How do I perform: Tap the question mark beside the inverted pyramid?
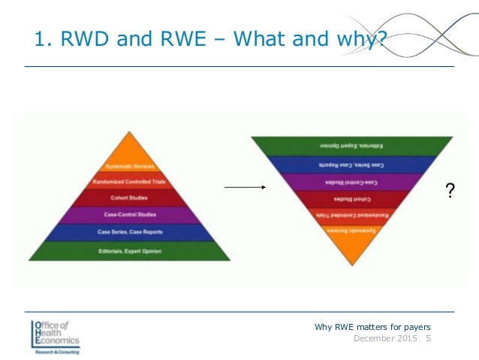click(450, 193)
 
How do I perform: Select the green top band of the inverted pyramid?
click(352, 145)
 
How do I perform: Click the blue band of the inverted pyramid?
click(352, 163)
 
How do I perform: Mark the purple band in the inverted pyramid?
click(352, 181)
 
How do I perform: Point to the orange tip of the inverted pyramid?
click(352, 241)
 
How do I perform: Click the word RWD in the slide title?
click(77, 37)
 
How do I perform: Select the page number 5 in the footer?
click(428, 339)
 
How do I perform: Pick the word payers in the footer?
click(414, 325)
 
